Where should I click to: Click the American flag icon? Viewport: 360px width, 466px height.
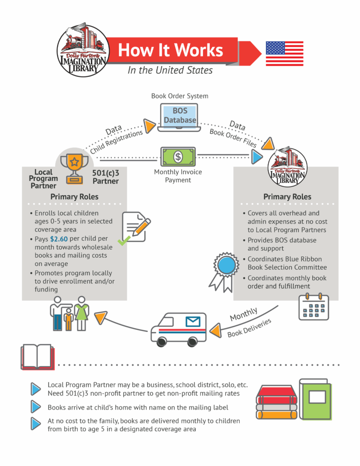[x=284, y=54]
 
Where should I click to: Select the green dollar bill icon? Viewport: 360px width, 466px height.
[x=178, y=157]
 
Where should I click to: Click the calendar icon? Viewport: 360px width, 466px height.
[x=314, y=307]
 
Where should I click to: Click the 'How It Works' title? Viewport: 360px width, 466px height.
[x=171, y=50]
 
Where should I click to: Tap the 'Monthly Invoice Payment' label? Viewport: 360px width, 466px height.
[x=178, y=176]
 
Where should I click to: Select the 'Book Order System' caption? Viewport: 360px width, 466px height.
[x=180, y=96]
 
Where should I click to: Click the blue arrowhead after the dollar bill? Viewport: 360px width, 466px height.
[x=257, y=157]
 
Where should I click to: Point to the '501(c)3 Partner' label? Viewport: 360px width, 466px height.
[x=106, y=177]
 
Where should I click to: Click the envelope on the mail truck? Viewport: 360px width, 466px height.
[x=193, y=323]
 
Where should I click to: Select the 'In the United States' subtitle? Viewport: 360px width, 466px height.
[x=170, y=70]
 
